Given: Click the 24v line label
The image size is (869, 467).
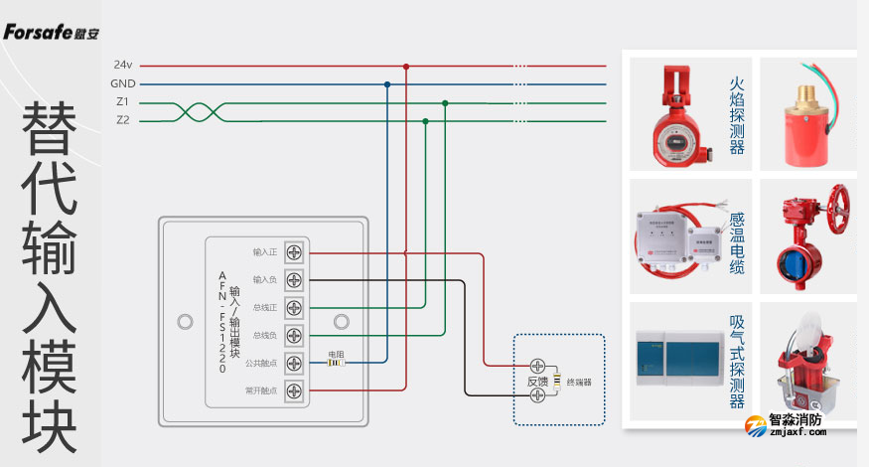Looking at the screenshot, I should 123,66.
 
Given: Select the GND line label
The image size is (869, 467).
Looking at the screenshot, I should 123,84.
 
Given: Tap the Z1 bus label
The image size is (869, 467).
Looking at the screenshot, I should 122,102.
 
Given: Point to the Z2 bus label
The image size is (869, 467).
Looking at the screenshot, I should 122,120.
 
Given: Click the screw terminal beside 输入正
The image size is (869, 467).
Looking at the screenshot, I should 294,252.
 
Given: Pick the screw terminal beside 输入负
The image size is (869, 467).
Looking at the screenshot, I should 294,280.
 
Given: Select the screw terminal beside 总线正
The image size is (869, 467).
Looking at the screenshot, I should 294,308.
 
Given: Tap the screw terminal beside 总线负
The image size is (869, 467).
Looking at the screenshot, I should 294,336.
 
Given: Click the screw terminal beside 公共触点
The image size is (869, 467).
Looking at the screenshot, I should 294,364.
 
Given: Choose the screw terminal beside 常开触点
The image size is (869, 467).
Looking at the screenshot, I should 294,391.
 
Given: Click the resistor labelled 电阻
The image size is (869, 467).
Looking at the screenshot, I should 336,364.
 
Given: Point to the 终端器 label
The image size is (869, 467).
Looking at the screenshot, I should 579,382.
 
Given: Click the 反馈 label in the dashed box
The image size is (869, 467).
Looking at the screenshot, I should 536,382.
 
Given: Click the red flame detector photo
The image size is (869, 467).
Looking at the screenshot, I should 674,114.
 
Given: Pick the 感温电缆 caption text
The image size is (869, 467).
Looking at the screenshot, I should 736,242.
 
